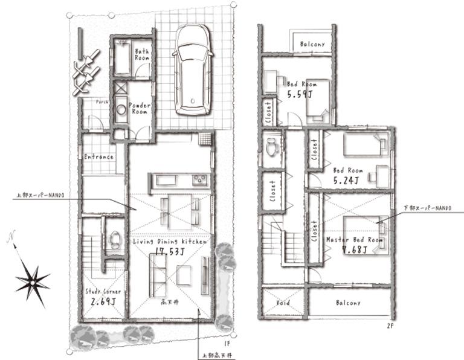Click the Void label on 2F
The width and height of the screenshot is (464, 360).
click(x=283, y=303)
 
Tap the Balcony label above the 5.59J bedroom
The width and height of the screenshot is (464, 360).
click(x=311, y=44)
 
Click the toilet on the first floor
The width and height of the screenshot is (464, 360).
click(x=113, y=241)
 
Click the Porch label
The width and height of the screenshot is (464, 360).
click(x=101, y=101)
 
